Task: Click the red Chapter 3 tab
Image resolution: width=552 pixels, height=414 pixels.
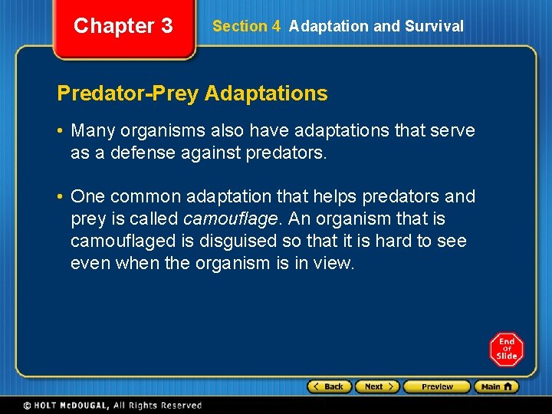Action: click(x=123, y=27)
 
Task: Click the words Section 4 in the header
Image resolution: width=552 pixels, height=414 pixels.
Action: click(x=246, y=26)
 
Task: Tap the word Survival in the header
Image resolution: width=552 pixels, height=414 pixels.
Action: click(x=434, y=26)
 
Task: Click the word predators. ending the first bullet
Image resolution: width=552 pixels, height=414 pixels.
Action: click(x=286, y=153)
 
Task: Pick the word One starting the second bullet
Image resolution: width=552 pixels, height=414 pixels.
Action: click(x=87, y=197)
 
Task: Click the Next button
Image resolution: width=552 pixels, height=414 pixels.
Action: click(x=378, y=386)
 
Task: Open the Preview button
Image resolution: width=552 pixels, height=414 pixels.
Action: click(x=436, y=386)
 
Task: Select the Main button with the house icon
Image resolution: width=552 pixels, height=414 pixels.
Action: click(x=496, y=386)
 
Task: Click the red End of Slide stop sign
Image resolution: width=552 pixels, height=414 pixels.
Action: click(x=507, y=350)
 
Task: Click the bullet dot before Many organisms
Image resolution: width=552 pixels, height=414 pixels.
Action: click(x=61, y=131)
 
